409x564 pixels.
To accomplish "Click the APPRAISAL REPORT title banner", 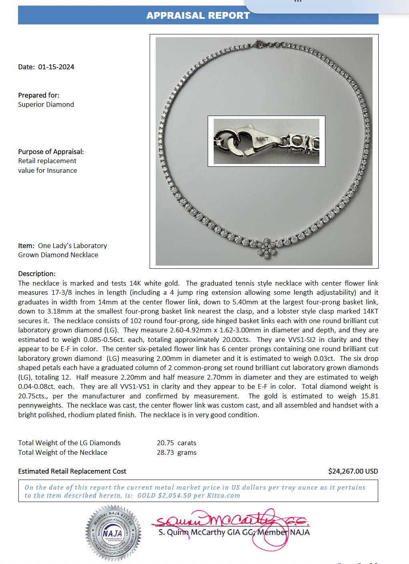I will (198, 16).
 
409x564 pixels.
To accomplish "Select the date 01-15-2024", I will (56, 67).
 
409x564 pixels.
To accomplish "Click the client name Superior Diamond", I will (46, 105).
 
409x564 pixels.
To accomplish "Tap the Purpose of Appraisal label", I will (51, 152).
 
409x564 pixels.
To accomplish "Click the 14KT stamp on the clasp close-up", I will (262, 139).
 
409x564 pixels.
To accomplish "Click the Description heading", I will (37, 274).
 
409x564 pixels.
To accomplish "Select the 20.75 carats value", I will (176, 443).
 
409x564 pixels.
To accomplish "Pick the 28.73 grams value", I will (176, 453).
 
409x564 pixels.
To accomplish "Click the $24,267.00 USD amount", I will (353, 472).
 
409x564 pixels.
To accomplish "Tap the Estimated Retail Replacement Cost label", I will (72, 472).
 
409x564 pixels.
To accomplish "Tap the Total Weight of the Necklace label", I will (63, 453).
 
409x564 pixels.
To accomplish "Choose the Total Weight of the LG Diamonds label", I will (69, 443).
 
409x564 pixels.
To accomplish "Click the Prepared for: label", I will (39, 96).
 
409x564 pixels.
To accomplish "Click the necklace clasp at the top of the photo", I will (257, 44).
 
